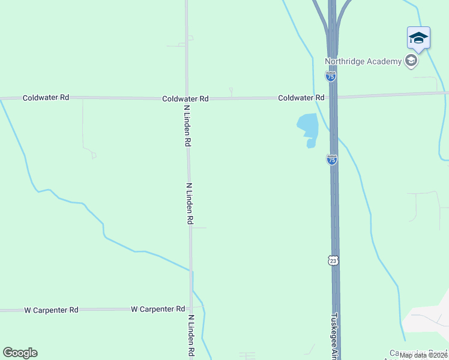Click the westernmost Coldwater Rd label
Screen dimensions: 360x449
click(x=46, y=97)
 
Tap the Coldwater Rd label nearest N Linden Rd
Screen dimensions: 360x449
click(x=185, y=98)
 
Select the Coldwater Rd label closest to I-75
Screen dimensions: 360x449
click(x=301, y=97)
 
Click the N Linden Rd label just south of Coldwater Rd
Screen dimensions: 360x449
click(x=187, y=125)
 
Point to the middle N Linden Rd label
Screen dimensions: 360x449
click(x=190, y=204)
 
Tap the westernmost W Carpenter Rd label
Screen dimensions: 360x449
click(x=51, y=310)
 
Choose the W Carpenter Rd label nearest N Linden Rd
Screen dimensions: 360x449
click(x=158, y=309)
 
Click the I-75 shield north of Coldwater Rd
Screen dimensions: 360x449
click(x=331, y=76)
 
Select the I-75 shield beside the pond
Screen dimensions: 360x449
click(x=332, y=160)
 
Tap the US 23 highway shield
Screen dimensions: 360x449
click(x=334, y=259)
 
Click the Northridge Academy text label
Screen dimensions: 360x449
click(x=363, y=61)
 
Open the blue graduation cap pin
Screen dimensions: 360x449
click(x=418, y=39)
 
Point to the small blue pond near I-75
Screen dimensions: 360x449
click(x=307, y=127)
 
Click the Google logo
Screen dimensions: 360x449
click(x=20, y=353)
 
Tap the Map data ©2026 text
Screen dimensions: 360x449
click(x=423, y=355)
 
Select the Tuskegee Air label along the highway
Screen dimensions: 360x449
click(x=336, y=336)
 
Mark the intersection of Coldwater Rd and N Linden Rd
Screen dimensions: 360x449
click(x=187, y=98)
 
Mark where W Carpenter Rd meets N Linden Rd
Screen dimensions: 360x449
click(x=191, y=309)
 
